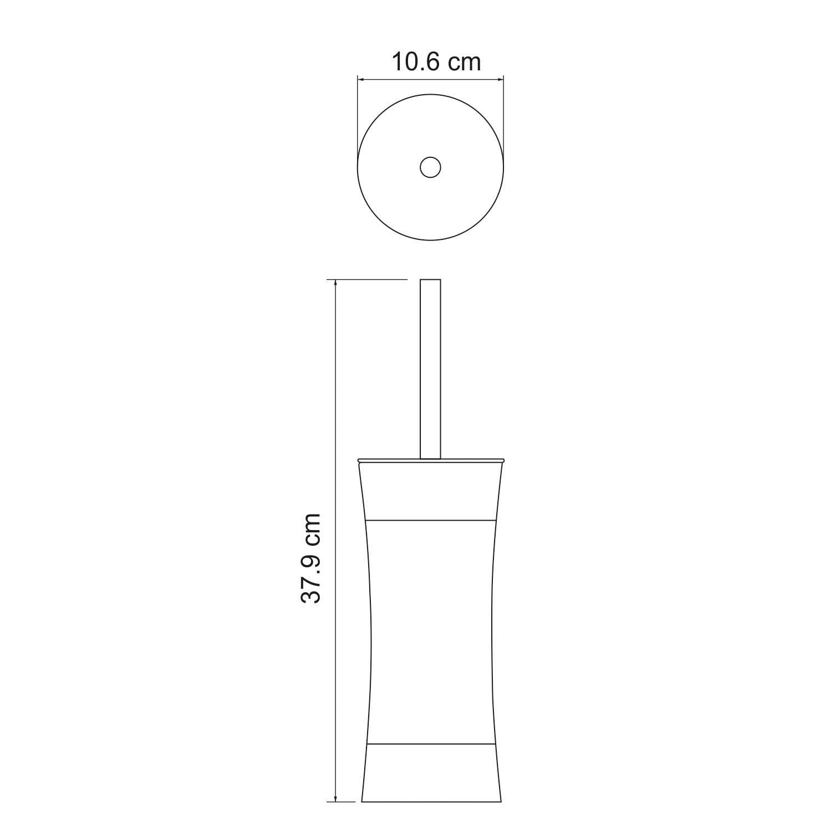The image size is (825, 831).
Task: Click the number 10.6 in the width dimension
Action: (x=416, y=63)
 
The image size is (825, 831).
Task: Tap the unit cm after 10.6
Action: (x=464, y=63)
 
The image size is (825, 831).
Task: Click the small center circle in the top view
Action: (x=430, y=167)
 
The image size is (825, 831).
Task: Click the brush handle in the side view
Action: (x=430, y=371)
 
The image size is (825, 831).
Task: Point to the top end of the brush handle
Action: (x=430, y=280)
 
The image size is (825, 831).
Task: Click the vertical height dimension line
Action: (x=336, y=443)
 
